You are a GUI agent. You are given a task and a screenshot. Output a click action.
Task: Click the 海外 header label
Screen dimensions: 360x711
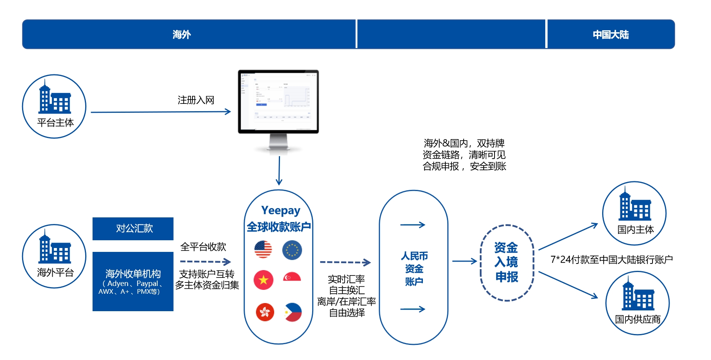(x=182, y=35)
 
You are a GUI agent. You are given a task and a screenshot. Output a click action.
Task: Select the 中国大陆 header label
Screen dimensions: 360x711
(x=611, y=35)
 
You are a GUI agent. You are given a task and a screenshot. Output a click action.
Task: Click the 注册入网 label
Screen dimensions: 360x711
(x=196, y=100)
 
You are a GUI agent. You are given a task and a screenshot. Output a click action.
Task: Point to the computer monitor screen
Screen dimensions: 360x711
(x=278, y=101)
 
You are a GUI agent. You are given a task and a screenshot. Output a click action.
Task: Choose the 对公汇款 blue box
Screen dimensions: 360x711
(x=133, y=229)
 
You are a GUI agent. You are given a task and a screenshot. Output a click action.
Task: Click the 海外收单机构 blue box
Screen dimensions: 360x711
(x=133, y=281)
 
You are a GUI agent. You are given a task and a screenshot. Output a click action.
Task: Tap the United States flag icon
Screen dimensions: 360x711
(x=263, y=250)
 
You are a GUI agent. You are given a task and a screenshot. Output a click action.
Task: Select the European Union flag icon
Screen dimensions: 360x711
(x=292, y=250)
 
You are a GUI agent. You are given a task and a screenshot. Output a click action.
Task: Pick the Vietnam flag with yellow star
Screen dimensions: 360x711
(x=263, y=280)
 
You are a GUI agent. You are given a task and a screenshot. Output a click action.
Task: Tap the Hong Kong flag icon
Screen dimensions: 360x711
(x=265, y=312)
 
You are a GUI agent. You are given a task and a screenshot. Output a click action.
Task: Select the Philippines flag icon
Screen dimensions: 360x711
(x=293, y=312)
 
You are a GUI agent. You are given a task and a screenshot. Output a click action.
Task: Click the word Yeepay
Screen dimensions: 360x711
(x=281, y=210)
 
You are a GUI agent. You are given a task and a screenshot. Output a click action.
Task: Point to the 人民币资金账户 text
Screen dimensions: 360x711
(x=414, y=269)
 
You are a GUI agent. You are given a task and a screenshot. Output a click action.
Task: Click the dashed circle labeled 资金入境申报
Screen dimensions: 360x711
(x=507, y=262)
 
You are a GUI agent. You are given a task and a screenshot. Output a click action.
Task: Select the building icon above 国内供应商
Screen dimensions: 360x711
(x=638, y=296)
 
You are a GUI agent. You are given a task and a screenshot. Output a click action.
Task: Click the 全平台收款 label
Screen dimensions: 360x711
(x=203, y=247)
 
